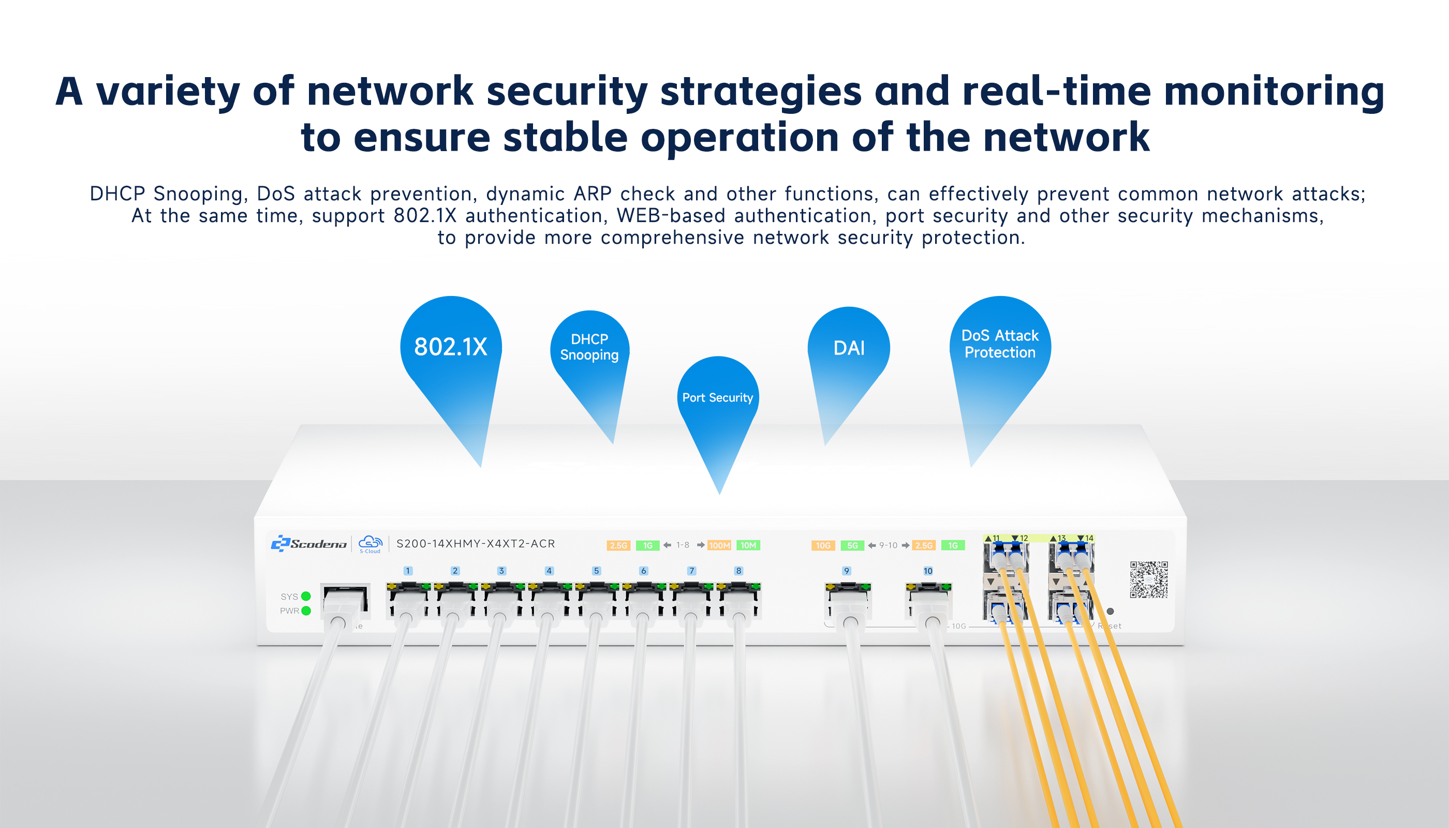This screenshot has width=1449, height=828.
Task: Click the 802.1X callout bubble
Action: pyautogui.click(x=450, y=347)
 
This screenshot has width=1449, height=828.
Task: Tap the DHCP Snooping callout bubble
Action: pyautogui.click(x=589, y=347)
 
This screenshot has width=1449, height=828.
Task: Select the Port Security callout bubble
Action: pyautogui.click(x=718, y=397)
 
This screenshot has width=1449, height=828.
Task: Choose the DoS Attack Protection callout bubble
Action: pyautogui.click(x=1000, y=344)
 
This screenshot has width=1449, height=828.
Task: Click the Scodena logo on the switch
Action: pyautogui.click(x=309, y=544)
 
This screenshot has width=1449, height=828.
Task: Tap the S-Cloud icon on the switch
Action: pyautogui.click(x=370, y=544)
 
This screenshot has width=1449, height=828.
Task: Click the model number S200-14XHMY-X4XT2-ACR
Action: pyautogui.click(x=476, y=544)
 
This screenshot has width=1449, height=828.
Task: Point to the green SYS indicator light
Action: pyautogui.click(x=306, y=596)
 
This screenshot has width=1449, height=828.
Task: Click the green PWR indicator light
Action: pyautogui.click(x=306, y=611)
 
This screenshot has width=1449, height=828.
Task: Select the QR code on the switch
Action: pyautogui.click(x=1148, y=580)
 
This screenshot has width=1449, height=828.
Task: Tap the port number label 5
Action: pyautogui.click(x=596, y=570)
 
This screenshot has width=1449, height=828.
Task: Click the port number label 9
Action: pyautogui.click(x=846, y=570)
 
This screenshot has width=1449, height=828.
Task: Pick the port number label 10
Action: pyautogui.click(x=927, y=570)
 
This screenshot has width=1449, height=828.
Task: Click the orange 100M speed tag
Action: pyautogui.click(x=719, y=545)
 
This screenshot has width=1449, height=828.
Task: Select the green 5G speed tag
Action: pyautogui.click(x=852, y=545)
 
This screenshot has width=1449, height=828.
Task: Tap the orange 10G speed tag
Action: pyautogui.click(x=823, y=545)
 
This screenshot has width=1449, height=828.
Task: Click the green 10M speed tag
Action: pyautogui.click(x=748, y=545)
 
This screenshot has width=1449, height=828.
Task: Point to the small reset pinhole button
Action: pyautogui.click(x=1110, y=611)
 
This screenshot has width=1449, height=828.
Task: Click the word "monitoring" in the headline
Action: pyautogui.click(x=1274, y=92)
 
